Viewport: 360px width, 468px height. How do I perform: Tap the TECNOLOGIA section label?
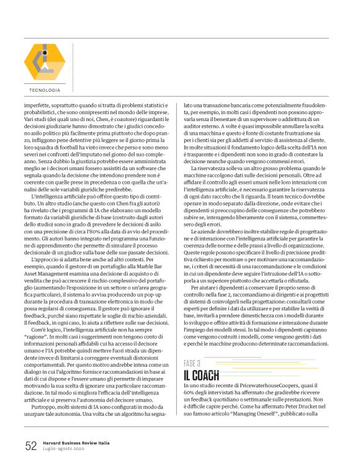click(x=45, y=90)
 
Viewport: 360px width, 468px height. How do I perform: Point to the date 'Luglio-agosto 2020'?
click(x=66, y=449)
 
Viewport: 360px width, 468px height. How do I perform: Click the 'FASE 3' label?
click(x=192, y=363)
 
